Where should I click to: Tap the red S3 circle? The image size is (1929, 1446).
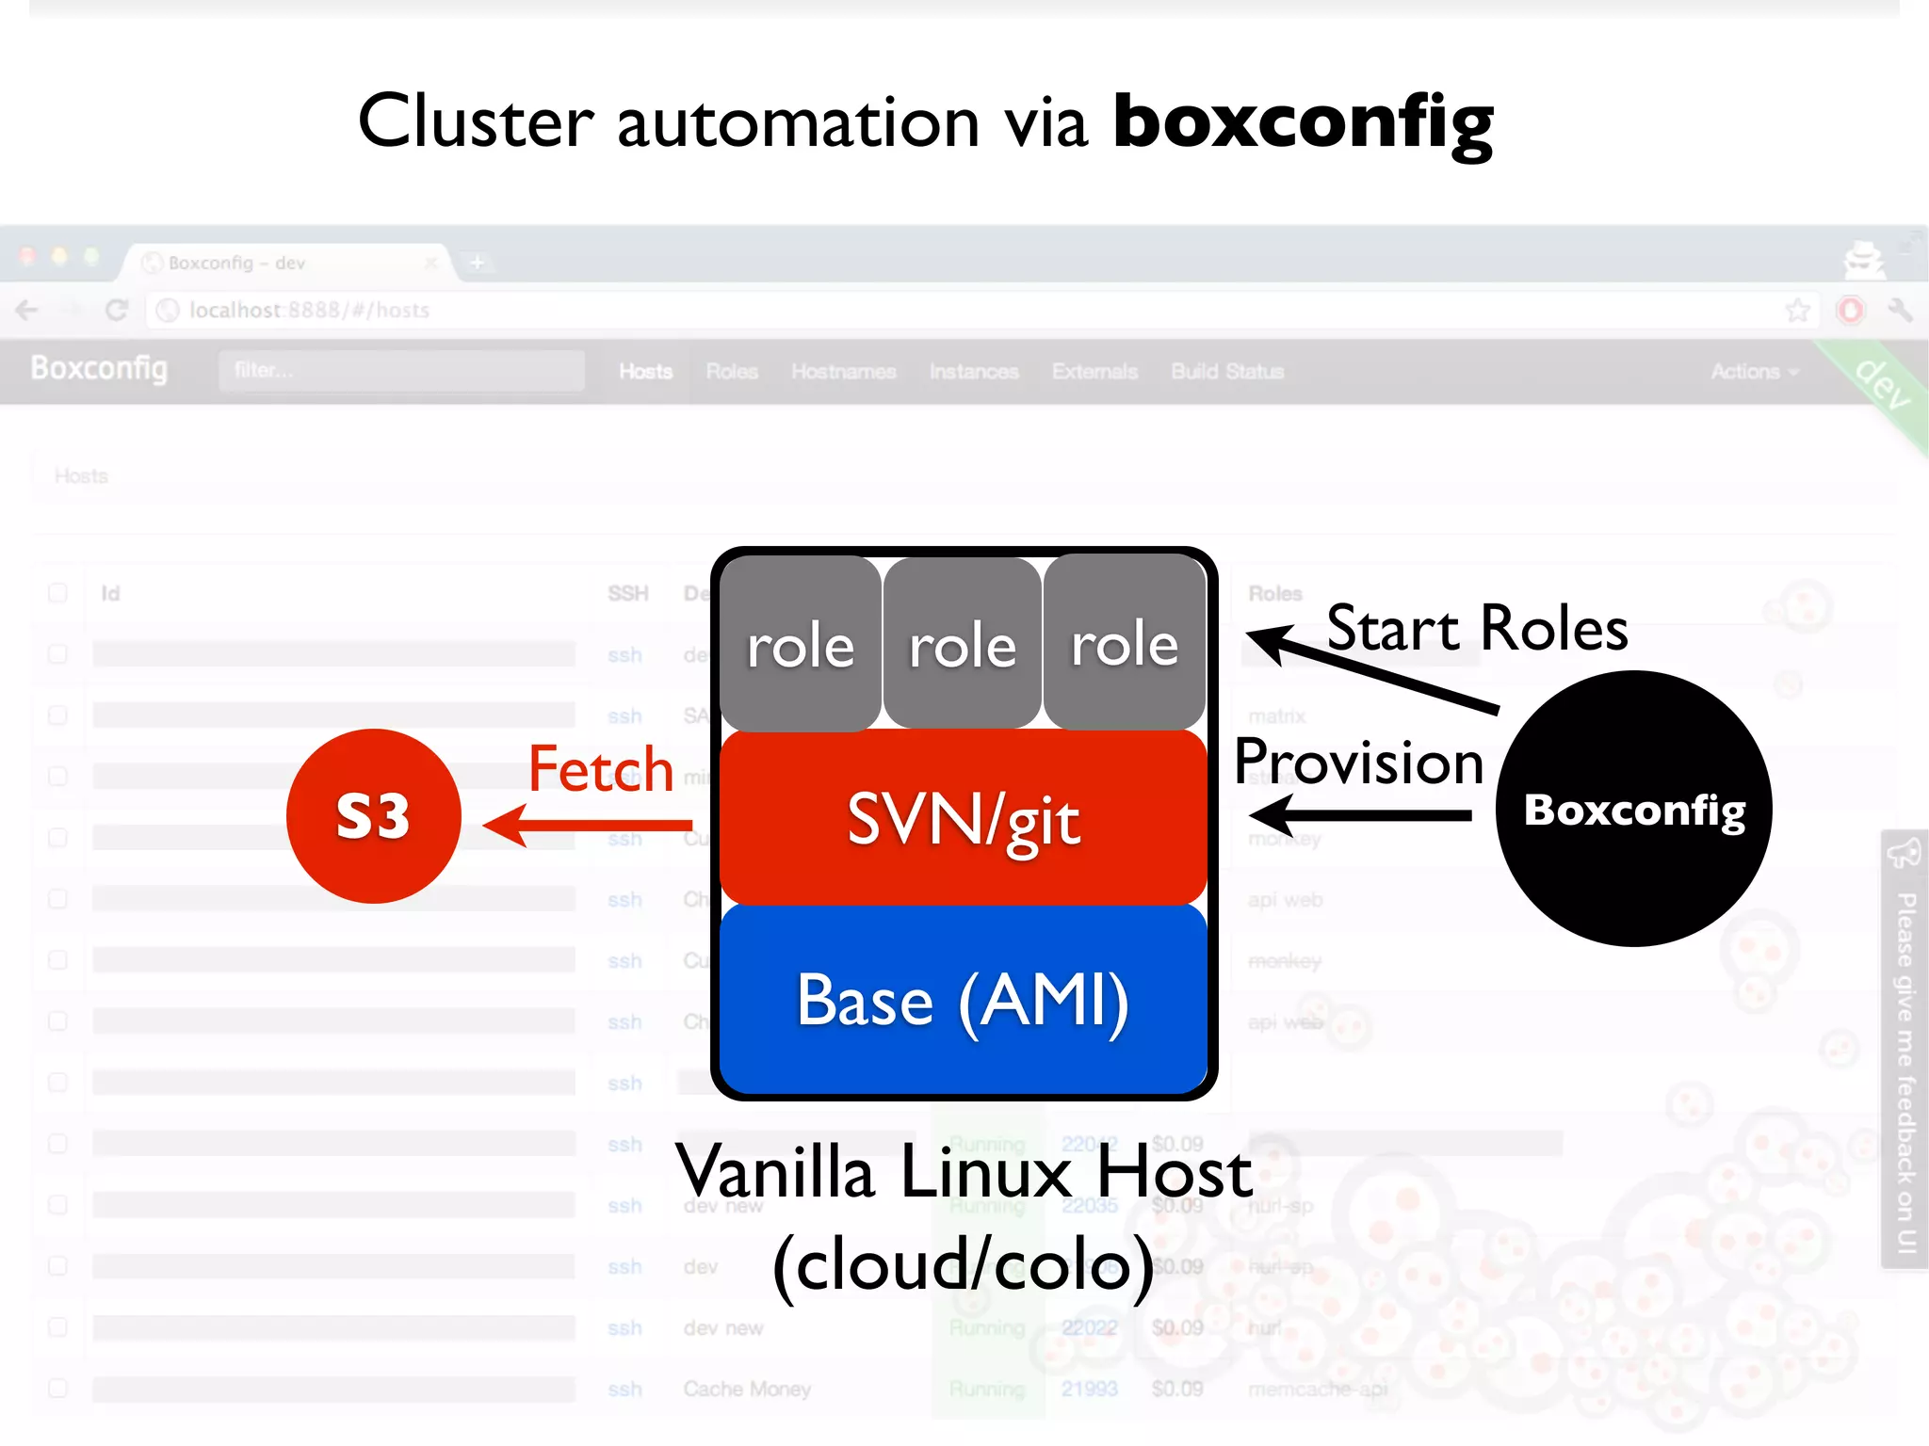click(x=374, y=815)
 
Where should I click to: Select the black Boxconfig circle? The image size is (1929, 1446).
click(x=1634, y=809)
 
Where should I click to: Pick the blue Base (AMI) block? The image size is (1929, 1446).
click(x=963, y=1000)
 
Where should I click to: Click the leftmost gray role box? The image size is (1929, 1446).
click(x=801, y=645)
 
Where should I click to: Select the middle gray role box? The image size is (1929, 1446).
click(x=963, y=645)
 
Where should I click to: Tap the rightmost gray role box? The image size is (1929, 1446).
click(x=1125, y=645)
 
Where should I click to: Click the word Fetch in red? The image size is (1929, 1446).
click(x=600, y=769)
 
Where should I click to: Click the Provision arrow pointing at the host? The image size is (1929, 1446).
click(x=1361, y=815)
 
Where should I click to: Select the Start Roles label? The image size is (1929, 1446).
click(x=1477, y=628)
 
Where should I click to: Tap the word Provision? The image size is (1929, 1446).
click(x=1358, y=762)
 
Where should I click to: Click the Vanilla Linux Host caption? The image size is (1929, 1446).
click(x=964, y=1172)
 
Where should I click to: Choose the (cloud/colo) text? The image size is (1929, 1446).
click(x=964, y=1264)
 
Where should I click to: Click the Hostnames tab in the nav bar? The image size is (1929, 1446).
click(x=843, y=372)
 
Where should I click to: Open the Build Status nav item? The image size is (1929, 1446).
click(x=1227, y=372)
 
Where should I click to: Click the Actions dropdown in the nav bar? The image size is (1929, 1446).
click(x=1753, y=372)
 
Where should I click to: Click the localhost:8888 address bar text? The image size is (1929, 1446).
click(x=309, y=311)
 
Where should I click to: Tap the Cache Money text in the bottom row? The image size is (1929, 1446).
click(x=747, y=1389)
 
